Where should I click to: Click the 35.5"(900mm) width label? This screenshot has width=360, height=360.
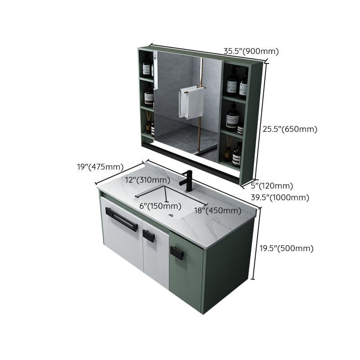(x=251, y=51)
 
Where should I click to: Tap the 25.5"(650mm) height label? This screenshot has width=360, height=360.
(x=290, y=129)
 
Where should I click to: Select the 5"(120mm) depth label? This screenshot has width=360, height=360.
(x=272, y=186)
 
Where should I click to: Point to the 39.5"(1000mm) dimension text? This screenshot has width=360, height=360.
(x=280, y=198)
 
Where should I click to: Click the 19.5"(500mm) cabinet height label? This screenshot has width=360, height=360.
(x=287, y=248)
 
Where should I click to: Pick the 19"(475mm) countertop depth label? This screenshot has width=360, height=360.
(x=100, y=167)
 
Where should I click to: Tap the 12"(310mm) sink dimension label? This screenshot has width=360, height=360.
(x=148, y=180)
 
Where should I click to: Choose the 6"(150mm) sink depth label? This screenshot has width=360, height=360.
(x=161, y=206)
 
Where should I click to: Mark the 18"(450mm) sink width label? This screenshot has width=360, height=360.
(x=218, y=211)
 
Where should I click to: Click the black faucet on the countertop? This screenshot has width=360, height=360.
(x=187, y=181)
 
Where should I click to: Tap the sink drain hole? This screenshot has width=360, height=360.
(x=171, y=215)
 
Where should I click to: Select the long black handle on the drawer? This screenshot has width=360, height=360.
(x=121, y=219)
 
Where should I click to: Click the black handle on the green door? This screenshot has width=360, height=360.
(x=176, y=252)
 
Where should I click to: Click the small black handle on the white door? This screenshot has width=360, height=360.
(x=148, y=235)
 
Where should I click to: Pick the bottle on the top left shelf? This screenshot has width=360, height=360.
(x=147, y=67)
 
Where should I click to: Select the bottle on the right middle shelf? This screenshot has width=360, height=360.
(x=232, y=117)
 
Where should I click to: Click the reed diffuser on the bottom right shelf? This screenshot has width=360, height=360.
(x=228, y=148)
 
